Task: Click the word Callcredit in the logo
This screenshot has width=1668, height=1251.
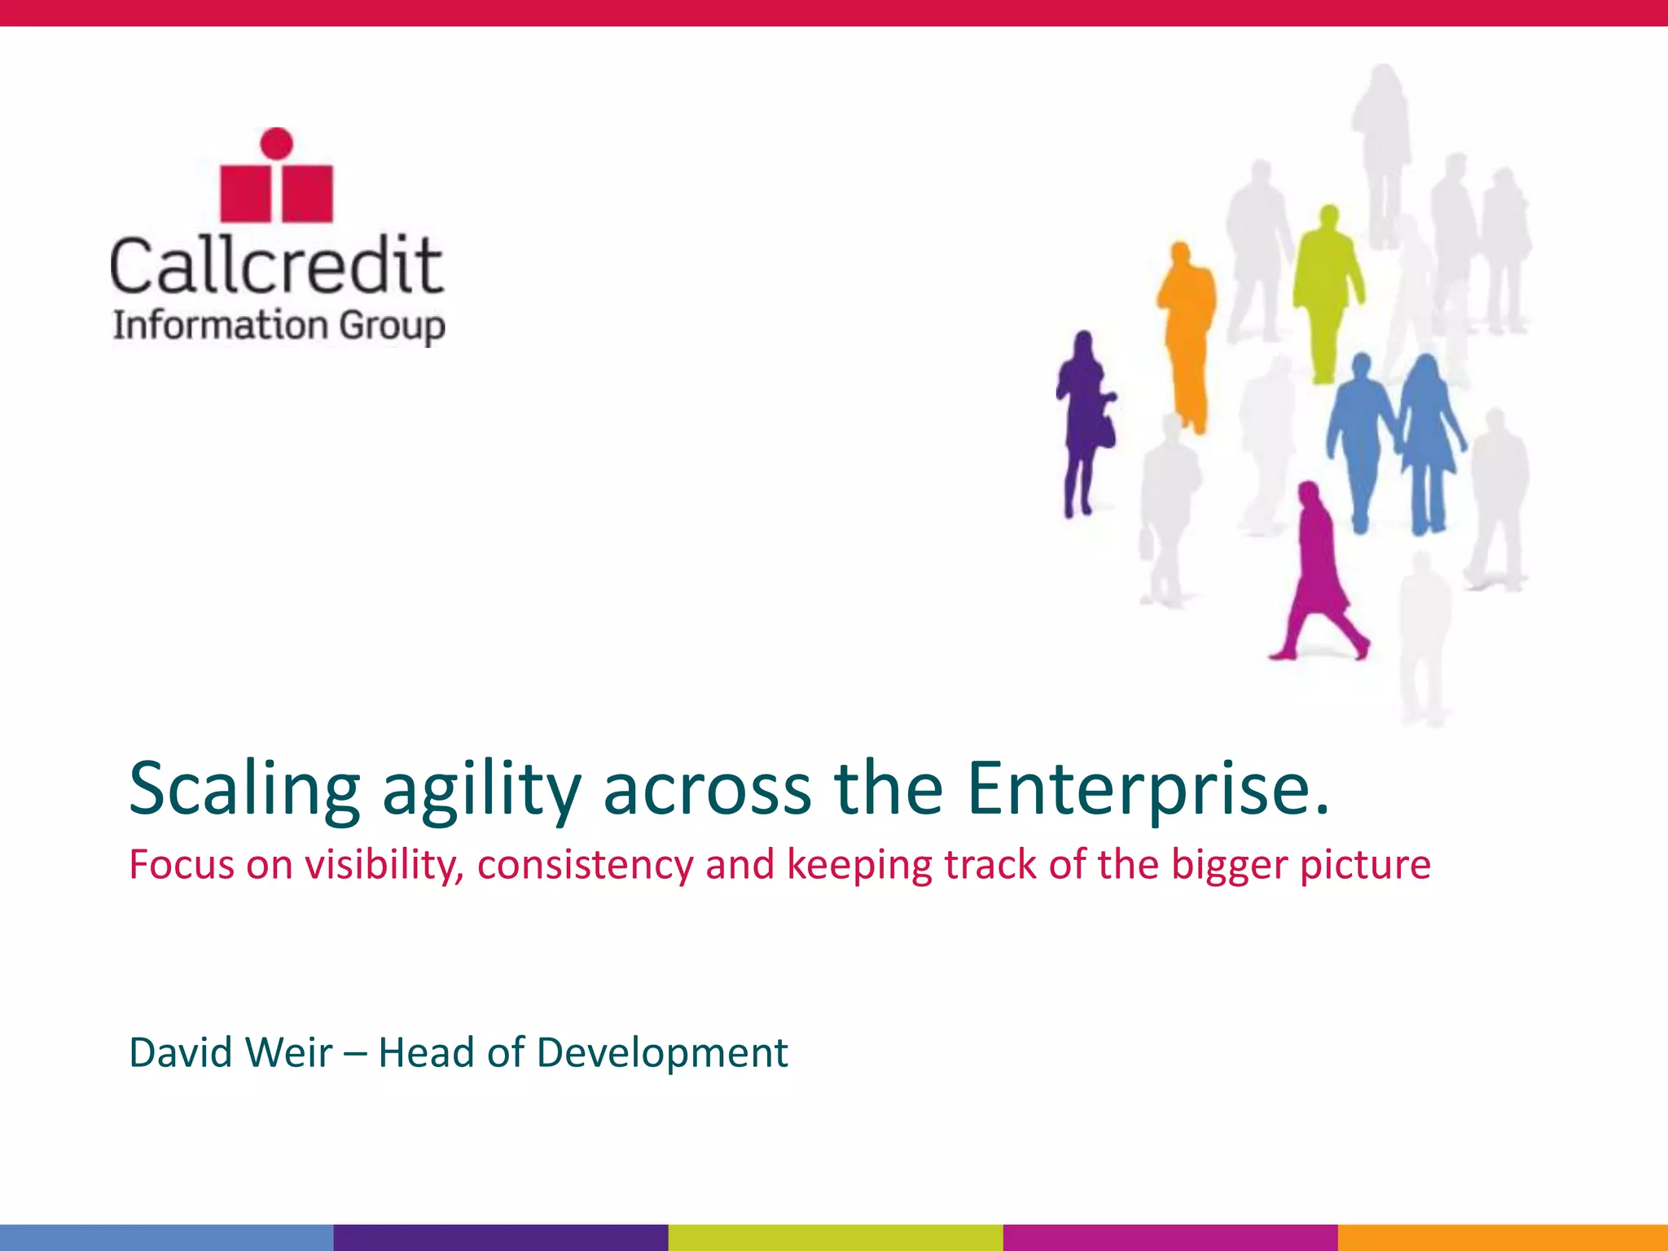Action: click(x=277, y=265)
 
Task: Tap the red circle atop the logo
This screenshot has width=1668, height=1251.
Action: click(x=277, y=143)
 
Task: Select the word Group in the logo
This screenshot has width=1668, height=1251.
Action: click(x=392, y=326)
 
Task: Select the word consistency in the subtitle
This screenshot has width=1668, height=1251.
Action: click(x=584, y=864)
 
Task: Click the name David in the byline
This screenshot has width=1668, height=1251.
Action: click(x=181, y=1052)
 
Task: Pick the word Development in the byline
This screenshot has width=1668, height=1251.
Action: click(x=661, y=1052)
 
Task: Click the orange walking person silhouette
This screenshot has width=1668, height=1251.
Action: click(x=1186, y=334)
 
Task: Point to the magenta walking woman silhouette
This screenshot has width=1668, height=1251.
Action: click(x=1315, y=570)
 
